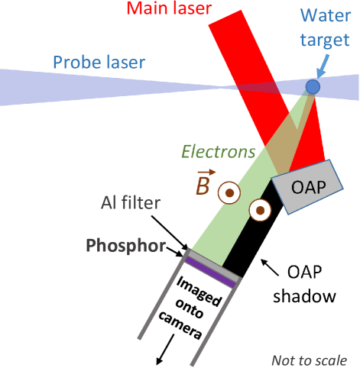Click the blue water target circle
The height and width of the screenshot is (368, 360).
pyautogui.click(x=313, y=87)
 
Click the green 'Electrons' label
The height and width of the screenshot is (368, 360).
pyautogui.click(x=217, y=151)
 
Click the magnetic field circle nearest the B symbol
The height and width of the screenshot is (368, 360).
pyautogui.click(x=229, y=192)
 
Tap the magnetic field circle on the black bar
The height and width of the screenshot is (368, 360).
pyautogui.click(x=260, y=209)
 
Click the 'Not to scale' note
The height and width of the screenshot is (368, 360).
pyautogui.click(x=310, y=360)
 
